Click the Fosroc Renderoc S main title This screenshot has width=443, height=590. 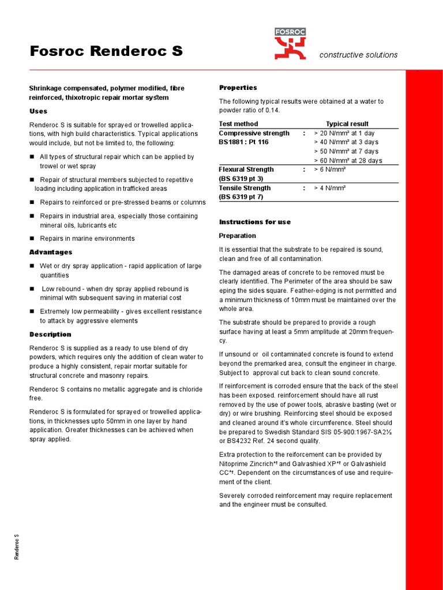click(x=106, y=51)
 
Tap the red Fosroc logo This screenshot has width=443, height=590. click(x=290, y=44)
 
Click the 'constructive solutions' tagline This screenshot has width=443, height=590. click(x=358, y=55)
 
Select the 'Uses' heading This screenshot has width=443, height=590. click(x=38, y=111)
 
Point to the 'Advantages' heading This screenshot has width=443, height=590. click(x=51, y=252)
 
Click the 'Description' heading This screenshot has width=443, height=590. click(x=50, y=334)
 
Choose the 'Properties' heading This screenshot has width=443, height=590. click(x=238, y=88)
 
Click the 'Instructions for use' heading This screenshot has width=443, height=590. click(x=254, y=222)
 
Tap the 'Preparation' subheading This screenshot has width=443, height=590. click(x=237, y=236)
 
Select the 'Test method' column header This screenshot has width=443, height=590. click(x=238, y=124)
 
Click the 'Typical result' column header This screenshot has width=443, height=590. click(x=347, y=124)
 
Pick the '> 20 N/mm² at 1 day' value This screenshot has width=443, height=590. click(x=344, y=133)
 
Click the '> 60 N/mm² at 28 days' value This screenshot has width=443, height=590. click(x=347, y=161)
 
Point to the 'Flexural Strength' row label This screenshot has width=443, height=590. click(x=246, y=169)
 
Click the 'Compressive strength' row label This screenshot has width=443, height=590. click(x=254, y=133)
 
